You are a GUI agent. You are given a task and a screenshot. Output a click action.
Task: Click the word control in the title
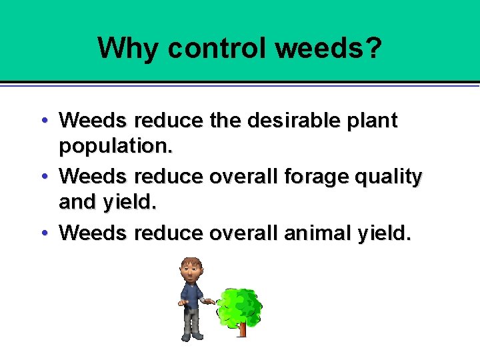tap(217, 48)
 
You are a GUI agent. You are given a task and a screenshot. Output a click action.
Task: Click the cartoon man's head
tap(191, 271)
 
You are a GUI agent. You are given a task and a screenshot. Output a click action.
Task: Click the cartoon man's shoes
tap(193, 336)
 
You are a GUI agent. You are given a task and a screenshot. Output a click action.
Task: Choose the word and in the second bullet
tap(77, 203)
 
